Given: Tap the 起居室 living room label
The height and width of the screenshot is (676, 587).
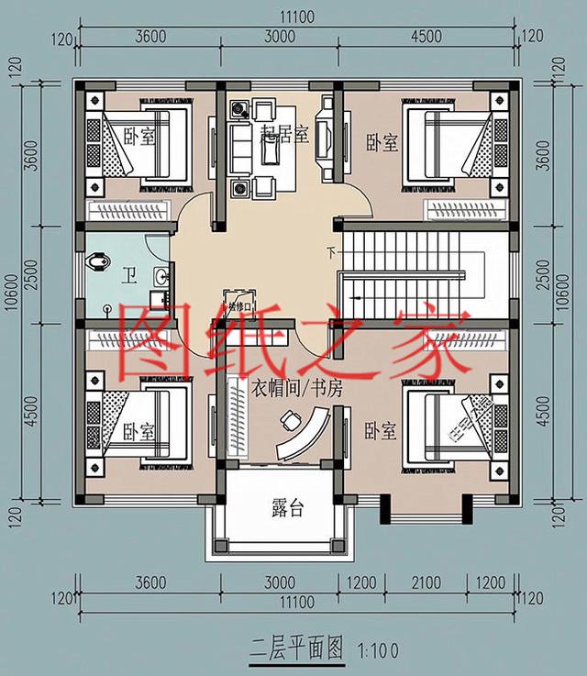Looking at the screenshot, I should (283, 134).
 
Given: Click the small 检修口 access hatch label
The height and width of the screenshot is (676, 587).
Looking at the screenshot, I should (238, 302).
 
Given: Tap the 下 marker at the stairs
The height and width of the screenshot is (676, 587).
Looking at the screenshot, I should (331, 251).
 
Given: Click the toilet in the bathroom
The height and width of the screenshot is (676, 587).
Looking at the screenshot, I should (98, 263).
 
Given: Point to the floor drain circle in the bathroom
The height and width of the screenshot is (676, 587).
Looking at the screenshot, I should (107, 309).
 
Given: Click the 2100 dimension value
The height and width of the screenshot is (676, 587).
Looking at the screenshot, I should (426, 582).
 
